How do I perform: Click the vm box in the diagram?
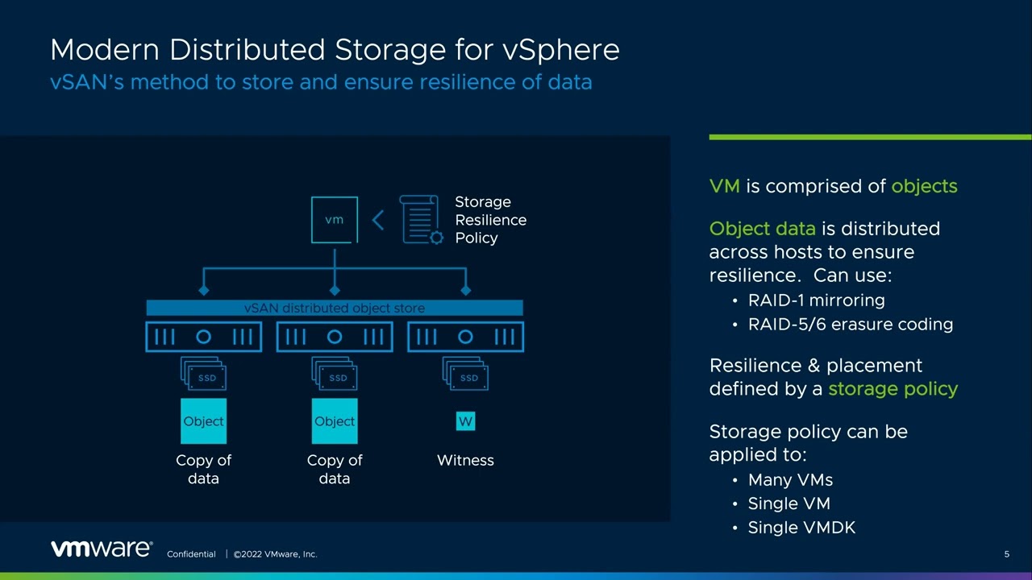335,219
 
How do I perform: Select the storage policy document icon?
421,219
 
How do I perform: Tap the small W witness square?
465,421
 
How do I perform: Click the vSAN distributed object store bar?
335,308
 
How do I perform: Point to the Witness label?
465,460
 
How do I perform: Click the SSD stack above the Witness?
465,375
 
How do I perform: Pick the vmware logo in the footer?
102,549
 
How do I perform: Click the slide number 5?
1006,554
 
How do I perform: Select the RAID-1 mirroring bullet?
816,300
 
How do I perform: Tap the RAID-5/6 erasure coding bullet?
850,325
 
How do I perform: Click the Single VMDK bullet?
801,528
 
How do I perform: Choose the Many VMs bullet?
790,480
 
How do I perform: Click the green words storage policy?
893,389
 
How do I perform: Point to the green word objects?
924,186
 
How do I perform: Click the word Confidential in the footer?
191,554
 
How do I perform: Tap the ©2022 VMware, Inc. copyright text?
275,554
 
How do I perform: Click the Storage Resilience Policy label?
490,220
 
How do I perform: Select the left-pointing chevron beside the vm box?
377,219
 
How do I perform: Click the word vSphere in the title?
561,50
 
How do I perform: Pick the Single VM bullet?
789,503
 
